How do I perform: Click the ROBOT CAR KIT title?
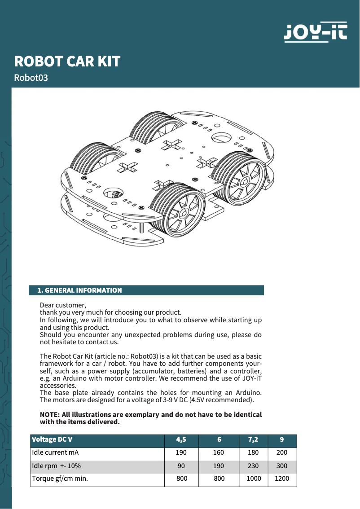click(67, 61)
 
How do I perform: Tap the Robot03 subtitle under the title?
click(31, 78)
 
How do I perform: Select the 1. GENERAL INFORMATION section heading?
click(80, 290)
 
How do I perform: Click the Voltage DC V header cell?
click(52, 439)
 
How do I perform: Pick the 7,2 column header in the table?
click(253, 439)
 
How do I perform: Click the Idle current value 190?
click(181, 452)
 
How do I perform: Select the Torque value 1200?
click(282, 478)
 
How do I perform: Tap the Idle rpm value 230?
click(253, 466)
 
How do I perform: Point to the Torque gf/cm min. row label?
click(60, 478)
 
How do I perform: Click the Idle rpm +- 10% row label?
click(56, 466)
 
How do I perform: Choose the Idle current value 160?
click(219, 452)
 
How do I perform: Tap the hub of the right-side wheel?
click(245, 180)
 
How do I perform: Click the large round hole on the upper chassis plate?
click(221, 136)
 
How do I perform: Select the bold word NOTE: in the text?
click(49, 414)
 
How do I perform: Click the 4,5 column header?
click(181, 439)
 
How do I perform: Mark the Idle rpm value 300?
click(282, 466)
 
